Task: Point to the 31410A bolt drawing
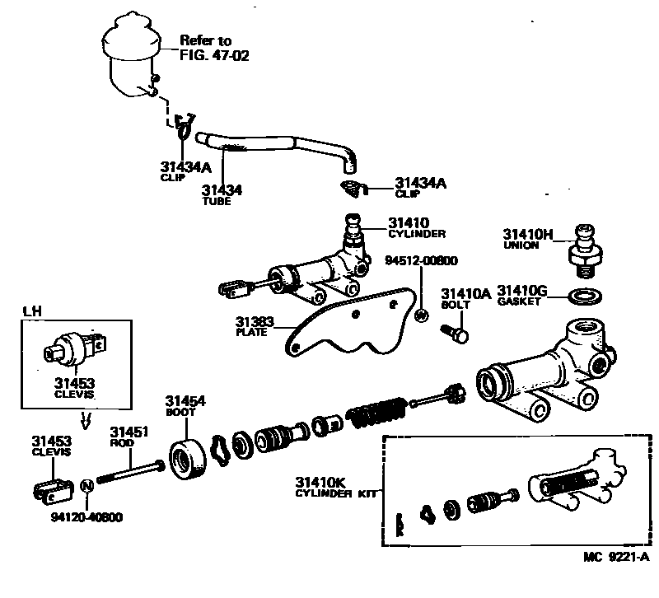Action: point(454,333)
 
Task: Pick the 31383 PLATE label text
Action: point(255,327)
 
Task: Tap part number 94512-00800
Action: point(421,261)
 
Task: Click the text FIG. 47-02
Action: point(214,56)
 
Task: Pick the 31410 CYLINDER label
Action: point(417,227)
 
